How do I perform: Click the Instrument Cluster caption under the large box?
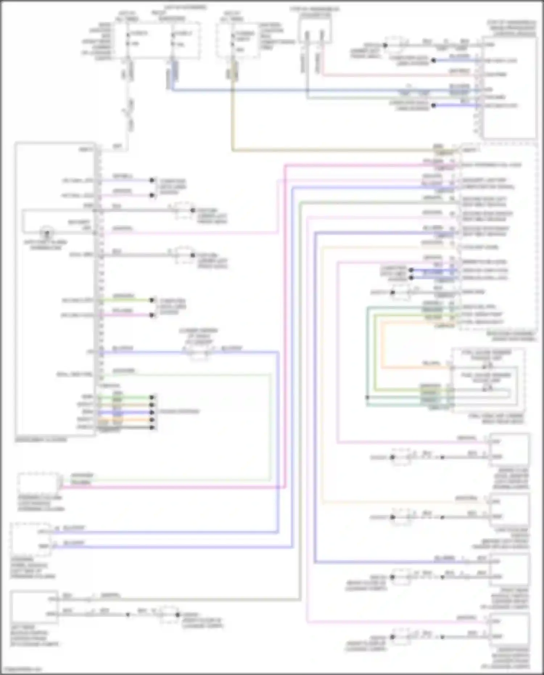(x=41, y=440)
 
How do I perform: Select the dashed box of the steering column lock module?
(x=38, y=483)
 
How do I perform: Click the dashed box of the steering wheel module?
(x=31, y=539)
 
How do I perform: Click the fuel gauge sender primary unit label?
(x=486, y=355)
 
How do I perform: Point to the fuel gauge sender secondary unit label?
(x=486, y=378)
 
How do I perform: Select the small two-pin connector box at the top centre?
(x=315, y=30)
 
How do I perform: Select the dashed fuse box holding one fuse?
(x=238, y=40)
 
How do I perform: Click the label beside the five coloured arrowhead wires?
(x=179, y=412)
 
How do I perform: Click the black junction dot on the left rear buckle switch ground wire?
(x=128, y=614)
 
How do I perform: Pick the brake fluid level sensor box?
(x=509, y=449)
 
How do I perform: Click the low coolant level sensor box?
(x=509, y=510)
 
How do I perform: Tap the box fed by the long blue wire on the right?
(x=509, y=569)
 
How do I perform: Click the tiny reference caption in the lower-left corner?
(x=21, y=669)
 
